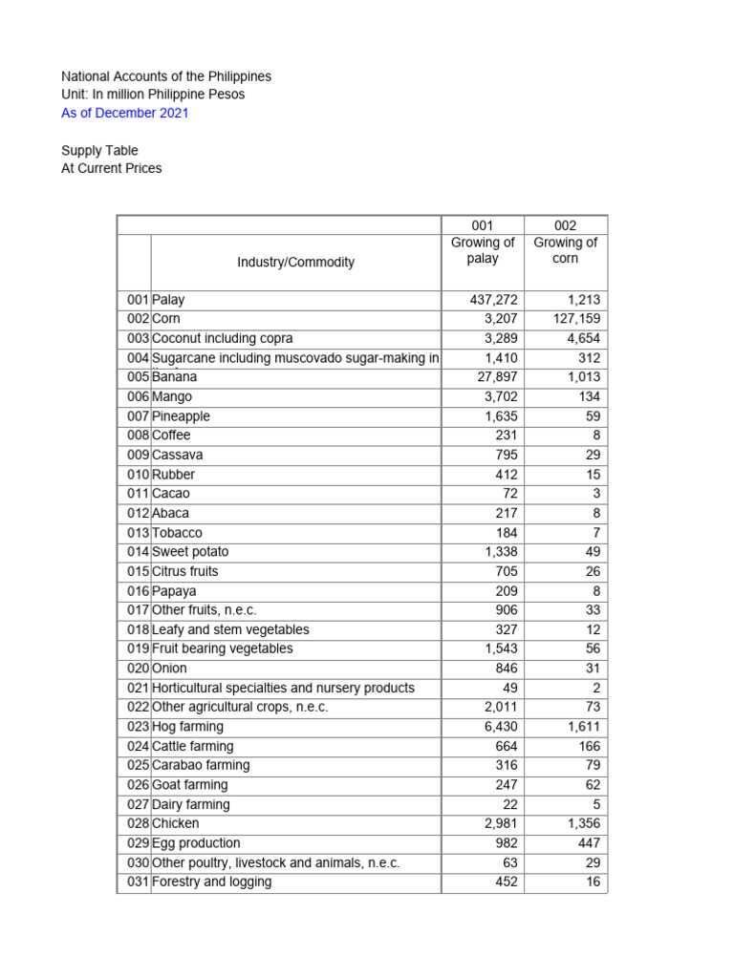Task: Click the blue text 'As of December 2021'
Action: pyautogui.click(x=125, y=113)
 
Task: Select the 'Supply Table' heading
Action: pyautogui.click(x=99, y=150)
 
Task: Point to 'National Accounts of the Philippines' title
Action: pyautogui.click(x=166, y=76)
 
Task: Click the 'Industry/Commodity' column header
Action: pyautogui.click(x=295, y=262)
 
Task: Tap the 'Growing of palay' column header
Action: pyautogui.click(x=483, y=250)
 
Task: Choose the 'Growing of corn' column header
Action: pyautogui.click(x=565, y=250)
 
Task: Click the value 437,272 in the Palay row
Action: pyautogui.click(x=494, y=300)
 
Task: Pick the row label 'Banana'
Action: pyautogui.click(x=175, y=377)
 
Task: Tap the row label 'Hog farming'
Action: pyautogui.click(x=188, y=727)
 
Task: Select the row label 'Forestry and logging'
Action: pyautogui.click(x=211, y=882)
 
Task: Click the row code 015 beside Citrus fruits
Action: pyautogui.click(x=138, y=571)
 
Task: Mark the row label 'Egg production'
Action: pyautogui.click(x=196, y=843)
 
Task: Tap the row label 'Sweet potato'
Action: pyautogui.click(x=190, y=552)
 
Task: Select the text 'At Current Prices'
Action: pyautogui.click(x=112, y=168)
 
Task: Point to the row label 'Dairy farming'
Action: pyautogui.click(x=191, y=804)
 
